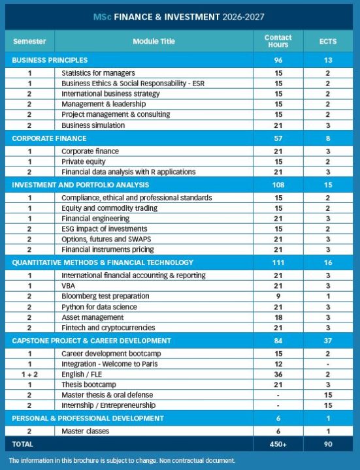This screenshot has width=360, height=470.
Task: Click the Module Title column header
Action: (x=154, y=41)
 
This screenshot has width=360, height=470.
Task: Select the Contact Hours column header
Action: (x=278, y=41)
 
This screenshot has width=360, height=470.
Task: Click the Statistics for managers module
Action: (x=98, y=72)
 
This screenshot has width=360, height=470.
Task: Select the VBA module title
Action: (x=69, y=286)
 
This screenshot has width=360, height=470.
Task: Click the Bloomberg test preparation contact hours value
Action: (x=278, y=296)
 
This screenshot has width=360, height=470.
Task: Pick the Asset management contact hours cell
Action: (x=278, y=317)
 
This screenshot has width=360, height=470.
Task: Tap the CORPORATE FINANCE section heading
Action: (x=49, y=138)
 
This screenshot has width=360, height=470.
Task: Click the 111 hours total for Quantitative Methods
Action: (x=278, y=262)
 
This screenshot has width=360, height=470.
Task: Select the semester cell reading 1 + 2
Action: (x=29, y=374)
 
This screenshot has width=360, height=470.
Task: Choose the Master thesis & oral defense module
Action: (x=107, y=395)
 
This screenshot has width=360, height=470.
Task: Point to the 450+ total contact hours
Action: (x=278, y=444)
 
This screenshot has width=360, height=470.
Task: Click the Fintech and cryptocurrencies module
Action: (x=108, y=328)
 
